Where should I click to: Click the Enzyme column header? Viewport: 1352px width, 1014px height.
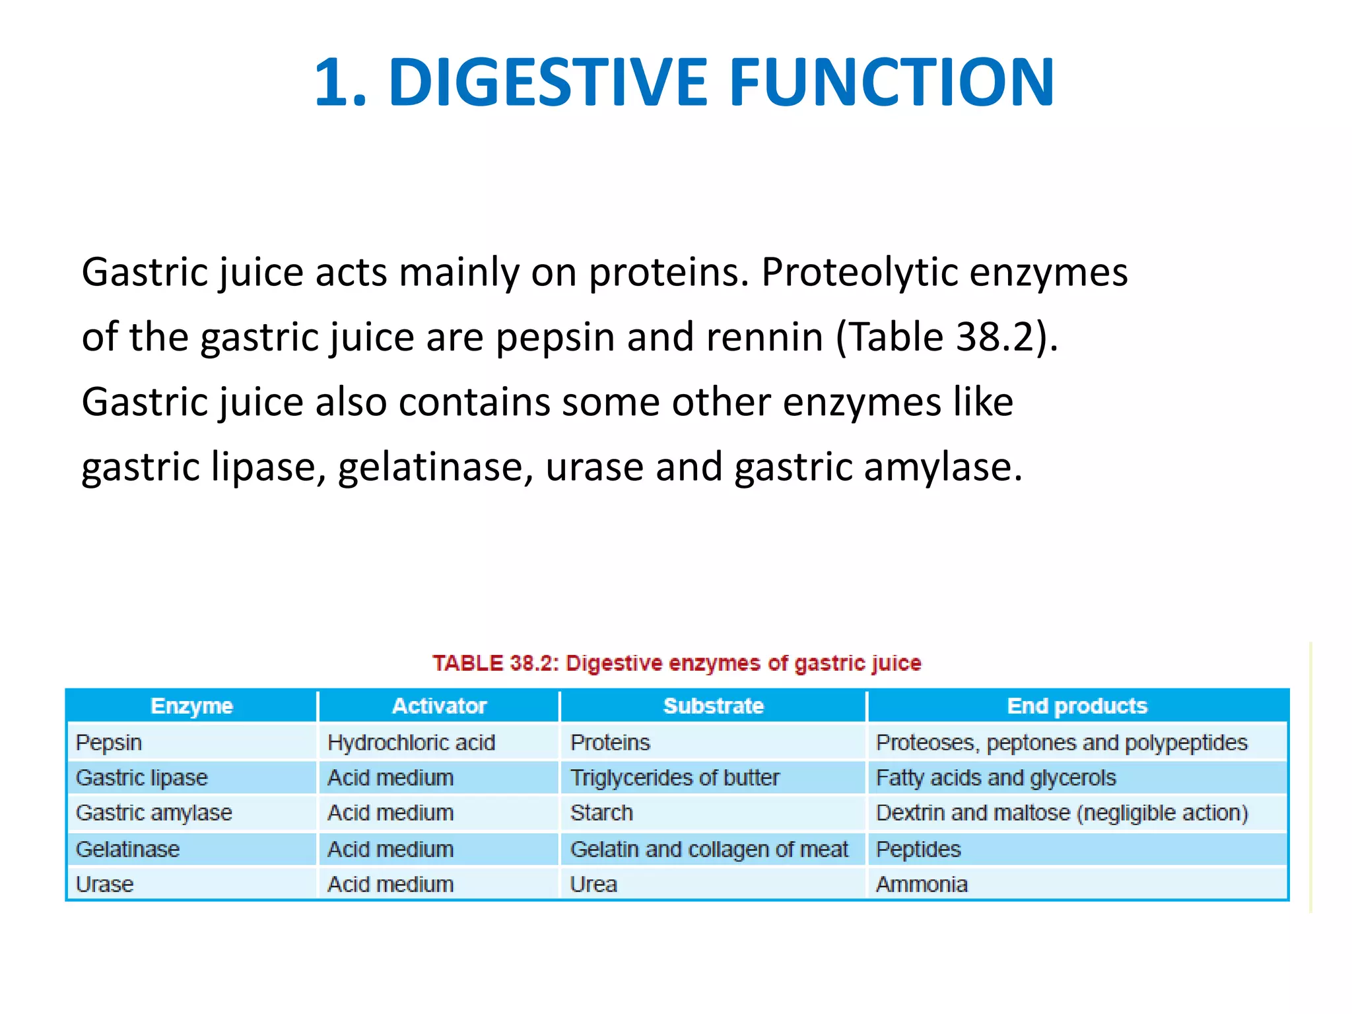pyautogui.click(x=191, y=706)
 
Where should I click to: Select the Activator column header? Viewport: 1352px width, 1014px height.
pyautogui.click(x=439, y=706)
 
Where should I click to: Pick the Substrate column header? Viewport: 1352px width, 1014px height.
pyautogui.click(x=713, y=706)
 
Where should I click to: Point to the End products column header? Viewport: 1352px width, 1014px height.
pyautogui.click(x=1077, y=706)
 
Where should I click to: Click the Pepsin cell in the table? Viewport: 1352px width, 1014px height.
pyautogui.click(x=109, y=743)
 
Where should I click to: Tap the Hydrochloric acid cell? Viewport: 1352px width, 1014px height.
pyautogui.click(x=411, y=743)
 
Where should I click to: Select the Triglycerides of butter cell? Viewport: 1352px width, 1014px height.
pyautogui.click(x=675, y=778)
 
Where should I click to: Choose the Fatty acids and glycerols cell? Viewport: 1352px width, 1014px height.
pyautogui.click(x=996, y=778)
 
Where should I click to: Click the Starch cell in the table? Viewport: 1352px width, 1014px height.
pyautogui.click(x=601, y=813)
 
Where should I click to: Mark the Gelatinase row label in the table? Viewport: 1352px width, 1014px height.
pyautogui.click(x=127, y=849)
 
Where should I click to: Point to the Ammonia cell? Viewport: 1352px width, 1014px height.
pyautogui.click(x=922, y=884)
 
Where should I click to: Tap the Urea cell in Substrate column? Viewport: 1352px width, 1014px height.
pyautogui.click(x=593, y=884)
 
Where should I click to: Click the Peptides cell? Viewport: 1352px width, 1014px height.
pyautogui.click(x=918, y=849)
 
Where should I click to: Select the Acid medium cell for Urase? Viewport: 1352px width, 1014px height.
pyautogui.click(x=390, y=884)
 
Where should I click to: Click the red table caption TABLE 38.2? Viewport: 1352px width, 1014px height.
pyautogui.click(x=677, y=663)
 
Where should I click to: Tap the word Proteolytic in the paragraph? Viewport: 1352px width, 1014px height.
pyautogui.click(x=859, y=272)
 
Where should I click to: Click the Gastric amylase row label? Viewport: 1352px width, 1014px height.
pyautogui.click(x=154, y=813)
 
